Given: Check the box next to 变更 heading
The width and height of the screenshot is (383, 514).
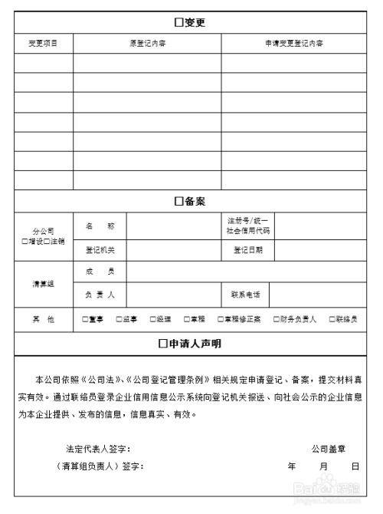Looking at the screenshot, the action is click(x=179, y=22).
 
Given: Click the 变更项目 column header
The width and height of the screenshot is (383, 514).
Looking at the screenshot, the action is click(x=43, y=43).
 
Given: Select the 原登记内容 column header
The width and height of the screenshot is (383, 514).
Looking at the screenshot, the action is click(x=147, y=43).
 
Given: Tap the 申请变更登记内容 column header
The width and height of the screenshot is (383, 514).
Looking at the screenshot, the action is click(x=293, y=43).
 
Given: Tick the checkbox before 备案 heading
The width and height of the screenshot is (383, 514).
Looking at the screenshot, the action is click(x=179, y=201).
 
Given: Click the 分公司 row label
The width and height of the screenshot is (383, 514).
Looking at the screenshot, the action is click(x=43, y=231).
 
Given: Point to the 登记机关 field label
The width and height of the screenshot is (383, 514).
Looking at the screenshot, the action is click(x=100, y=249).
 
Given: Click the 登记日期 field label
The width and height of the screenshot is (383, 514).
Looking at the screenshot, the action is click(x=247, y=249).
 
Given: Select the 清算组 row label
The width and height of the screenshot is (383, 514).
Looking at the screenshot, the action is click(x=43, y=283).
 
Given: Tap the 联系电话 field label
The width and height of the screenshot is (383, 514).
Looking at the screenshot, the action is click(x=245, y=294).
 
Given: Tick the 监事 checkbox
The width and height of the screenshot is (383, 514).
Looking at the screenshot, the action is click(x=119, y=319).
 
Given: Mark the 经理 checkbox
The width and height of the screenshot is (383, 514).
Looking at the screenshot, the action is click(x=152, y=319).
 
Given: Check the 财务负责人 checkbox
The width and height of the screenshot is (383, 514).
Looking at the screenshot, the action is click(x=277, y=319).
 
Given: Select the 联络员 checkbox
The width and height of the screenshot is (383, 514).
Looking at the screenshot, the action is click(x=332, y=319).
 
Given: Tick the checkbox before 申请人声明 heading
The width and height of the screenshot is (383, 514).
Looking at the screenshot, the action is click(x=163, y=344).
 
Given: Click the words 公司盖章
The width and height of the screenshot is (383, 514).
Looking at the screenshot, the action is click(x=328, y=448).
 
